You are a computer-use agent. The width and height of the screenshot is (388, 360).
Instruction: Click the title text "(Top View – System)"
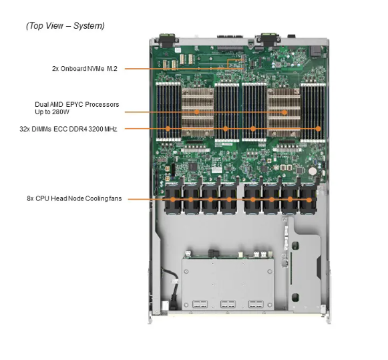point(65,26)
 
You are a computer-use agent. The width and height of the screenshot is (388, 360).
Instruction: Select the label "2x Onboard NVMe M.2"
point(84,68)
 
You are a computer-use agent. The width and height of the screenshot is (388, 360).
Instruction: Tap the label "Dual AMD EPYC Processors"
point(77,104)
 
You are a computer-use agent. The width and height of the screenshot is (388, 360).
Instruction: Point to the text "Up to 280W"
point(53,112)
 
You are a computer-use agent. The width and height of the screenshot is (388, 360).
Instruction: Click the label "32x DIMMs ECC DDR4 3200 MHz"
point(68,128)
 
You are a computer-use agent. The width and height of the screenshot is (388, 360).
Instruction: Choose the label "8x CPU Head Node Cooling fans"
point(74,198)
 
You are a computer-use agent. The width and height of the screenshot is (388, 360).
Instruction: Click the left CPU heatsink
point(197,110)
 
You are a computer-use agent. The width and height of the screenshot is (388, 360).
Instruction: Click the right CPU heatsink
point(283,110)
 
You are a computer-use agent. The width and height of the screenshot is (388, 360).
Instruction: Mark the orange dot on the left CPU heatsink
point(198,112)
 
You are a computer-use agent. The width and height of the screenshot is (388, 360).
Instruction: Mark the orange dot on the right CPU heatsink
point(284,112)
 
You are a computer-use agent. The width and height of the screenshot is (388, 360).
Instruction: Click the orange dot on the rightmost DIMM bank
point(319,128)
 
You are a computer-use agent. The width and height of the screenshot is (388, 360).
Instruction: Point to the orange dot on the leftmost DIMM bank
point(168,128)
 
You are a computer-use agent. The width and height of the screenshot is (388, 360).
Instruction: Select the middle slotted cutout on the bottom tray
point(228,305)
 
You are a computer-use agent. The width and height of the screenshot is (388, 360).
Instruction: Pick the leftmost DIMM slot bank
point(168,110)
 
